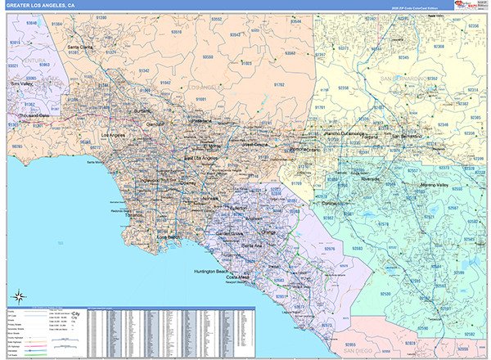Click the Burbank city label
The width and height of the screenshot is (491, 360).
click(143, 110)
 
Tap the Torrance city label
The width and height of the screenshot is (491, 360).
click(134, 214)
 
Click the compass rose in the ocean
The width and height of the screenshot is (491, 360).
click(18, 296)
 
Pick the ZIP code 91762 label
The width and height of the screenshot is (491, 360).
click(279, 85)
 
